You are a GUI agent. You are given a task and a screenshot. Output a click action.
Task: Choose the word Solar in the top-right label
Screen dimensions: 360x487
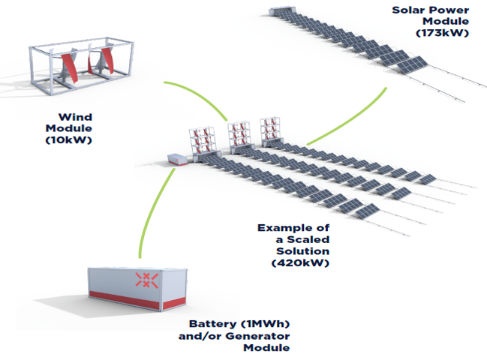(x=410, y=10)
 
